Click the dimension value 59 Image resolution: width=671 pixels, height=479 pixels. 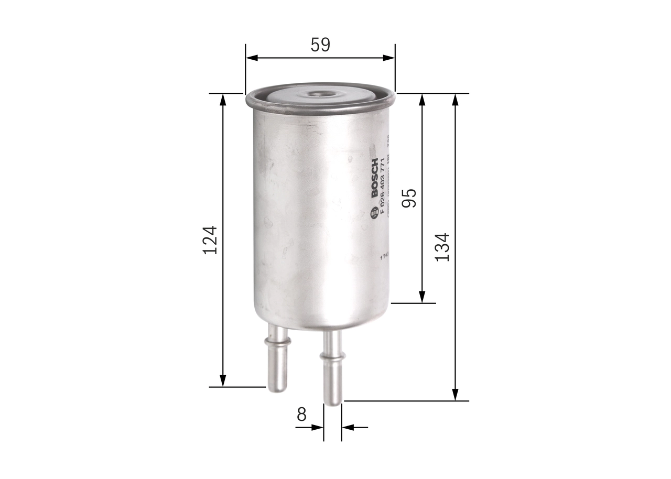click(320, 45)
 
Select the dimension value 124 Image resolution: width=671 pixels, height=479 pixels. click(210, 240)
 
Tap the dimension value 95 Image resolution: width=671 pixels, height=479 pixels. click(409, 198)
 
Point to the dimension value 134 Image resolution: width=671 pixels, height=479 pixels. click(442, 247)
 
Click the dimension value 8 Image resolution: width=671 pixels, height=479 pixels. click(301, 414)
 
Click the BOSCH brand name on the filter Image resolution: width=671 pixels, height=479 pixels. click(375, 178)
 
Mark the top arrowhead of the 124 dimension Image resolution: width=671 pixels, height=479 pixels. click(223, 100)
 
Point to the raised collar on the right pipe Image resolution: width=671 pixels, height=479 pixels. click(332, 356)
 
